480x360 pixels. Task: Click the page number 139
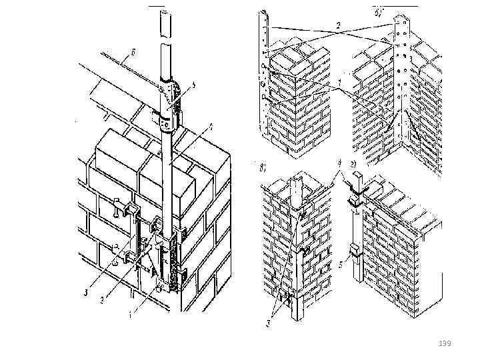445,343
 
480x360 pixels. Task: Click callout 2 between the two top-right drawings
338,25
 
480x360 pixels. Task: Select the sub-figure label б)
378,11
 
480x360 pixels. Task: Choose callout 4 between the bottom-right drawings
339,161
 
